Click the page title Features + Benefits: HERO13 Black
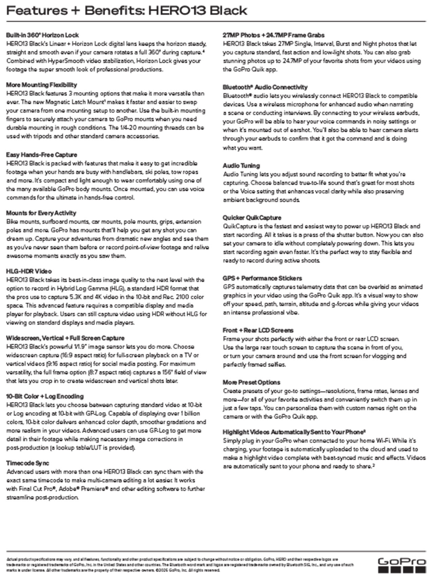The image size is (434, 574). pos(127,11)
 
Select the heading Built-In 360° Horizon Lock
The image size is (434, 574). pos(42,35)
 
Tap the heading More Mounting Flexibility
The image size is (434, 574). pos(41,85)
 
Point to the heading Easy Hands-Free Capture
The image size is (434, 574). pos(41,155)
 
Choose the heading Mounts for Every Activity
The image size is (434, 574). pos(41,213)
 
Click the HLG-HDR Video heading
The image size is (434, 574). pos(29,271)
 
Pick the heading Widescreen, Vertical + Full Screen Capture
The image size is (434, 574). pos(65,338)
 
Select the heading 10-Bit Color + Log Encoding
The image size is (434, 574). pos(45,396)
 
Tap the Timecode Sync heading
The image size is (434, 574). pos(27,463)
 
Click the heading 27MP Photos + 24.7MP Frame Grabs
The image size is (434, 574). pos(273,35)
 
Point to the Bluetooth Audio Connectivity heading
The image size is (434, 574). pos(265,87)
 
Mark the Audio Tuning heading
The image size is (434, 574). pos(241,166)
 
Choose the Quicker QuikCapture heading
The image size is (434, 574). pos(252,217)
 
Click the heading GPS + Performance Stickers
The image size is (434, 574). pos(262,278)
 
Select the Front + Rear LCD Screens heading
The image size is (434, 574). pos(258,330)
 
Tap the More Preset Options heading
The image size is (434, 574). pos(251,382)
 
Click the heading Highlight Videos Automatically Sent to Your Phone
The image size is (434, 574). pos(294,432)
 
